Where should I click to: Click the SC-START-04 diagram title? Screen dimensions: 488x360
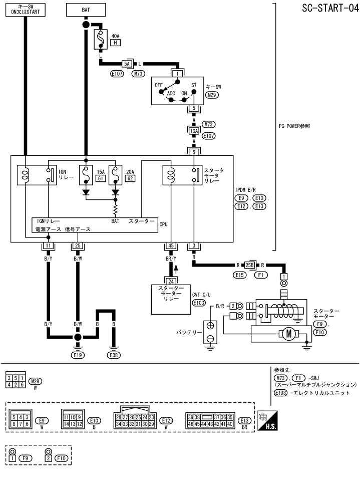click(328, 9)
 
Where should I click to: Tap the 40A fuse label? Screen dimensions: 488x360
click(115, 36)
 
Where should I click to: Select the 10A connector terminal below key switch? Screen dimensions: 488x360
click(194, 131)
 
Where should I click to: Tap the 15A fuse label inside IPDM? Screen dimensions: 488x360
click(100, 171)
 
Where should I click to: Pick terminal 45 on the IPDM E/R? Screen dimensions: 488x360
click(171, 246)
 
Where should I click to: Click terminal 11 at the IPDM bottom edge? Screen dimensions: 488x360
click(48, 246)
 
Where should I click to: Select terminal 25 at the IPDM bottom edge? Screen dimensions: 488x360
click(78, 246)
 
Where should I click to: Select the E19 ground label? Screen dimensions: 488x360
click(78, 355)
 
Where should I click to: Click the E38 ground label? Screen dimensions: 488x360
click(114, 355)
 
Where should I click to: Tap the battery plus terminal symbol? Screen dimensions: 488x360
click(210, 326)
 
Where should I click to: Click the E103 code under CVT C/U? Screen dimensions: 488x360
click(199, 303)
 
